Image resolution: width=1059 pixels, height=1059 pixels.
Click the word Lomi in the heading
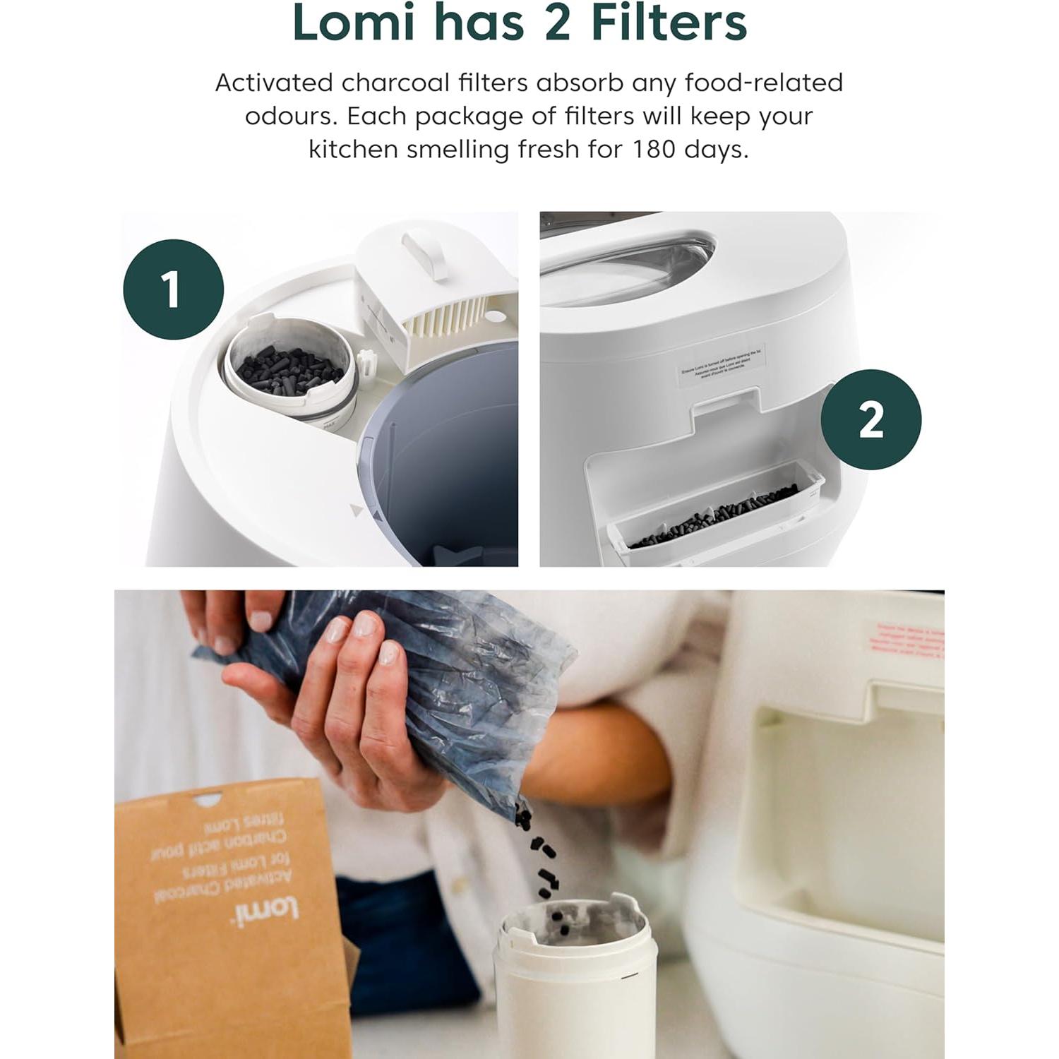[x=353, y=23]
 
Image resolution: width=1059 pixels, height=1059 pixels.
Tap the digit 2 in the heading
[x=557, y=23]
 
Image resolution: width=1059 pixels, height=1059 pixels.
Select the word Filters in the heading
[x=669, y=23]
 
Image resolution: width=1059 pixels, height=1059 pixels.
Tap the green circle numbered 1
[x=173, y=289]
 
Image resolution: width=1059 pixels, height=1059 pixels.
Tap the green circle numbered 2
[x=870, y=419]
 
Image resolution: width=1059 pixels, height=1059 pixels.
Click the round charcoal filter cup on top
[x=289, y=367]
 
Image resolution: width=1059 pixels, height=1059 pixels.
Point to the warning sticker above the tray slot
[x=722, y=365]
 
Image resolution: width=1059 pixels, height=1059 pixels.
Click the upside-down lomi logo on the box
[x=265, y=911]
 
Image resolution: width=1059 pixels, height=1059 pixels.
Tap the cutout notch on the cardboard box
[x=208, y=800]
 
